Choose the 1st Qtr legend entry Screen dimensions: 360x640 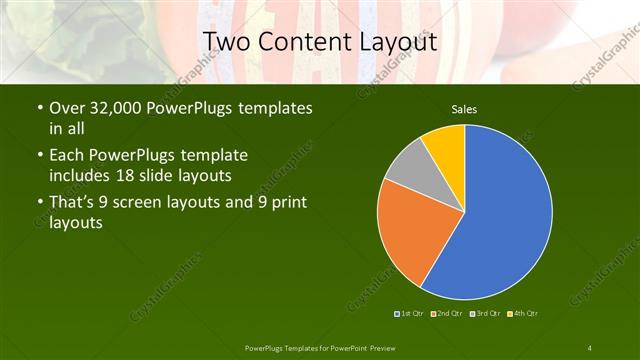[x=410, y=314]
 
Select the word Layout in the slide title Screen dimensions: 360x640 [x=397, y=42]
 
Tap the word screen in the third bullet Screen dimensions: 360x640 [x=158, y=204]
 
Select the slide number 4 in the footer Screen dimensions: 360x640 [x=590, y=347]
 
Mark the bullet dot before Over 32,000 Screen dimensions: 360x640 [x=39, y=107]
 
